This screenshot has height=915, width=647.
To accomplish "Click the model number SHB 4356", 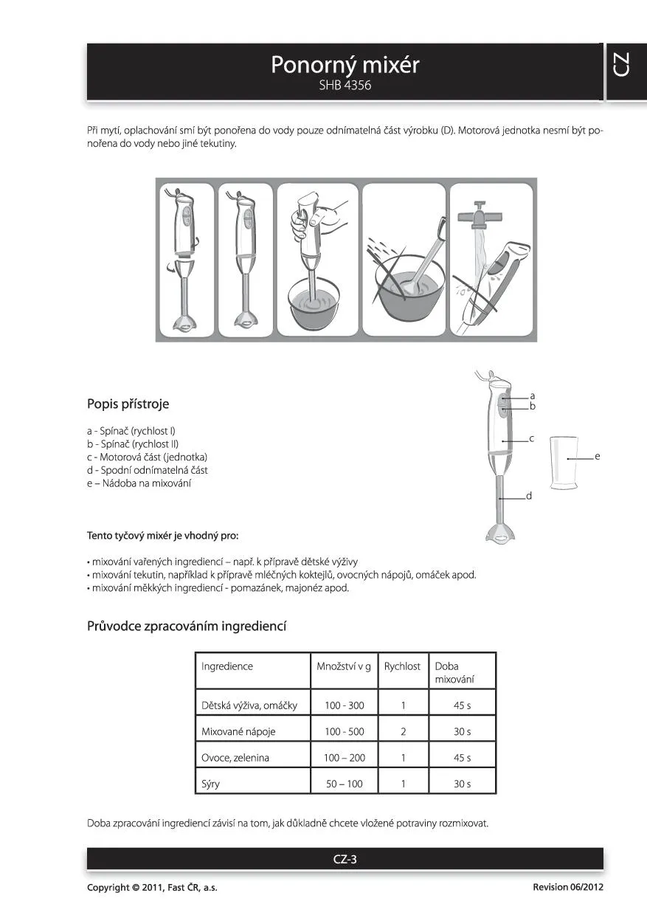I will (345, 86).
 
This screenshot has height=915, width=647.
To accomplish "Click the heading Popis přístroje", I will (128, 404).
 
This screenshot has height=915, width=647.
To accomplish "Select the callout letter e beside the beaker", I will (598, 457).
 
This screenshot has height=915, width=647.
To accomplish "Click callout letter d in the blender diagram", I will (529, 497).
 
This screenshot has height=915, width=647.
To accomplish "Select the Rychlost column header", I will (402, 666).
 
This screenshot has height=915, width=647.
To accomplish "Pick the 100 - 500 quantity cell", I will (345, 732).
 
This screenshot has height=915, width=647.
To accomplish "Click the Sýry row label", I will (211, 784).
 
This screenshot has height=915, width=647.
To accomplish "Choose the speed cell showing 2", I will (404, 732).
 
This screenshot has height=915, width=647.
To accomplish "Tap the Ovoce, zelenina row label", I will (235, 758).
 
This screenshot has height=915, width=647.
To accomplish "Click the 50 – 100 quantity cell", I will (345, 784).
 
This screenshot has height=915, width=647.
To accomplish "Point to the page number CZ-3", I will (345, 859).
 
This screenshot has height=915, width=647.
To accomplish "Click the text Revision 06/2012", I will (567, 887).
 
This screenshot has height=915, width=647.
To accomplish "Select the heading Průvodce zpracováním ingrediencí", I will (187, 626).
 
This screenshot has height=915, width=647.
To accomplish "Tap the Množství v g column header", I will (344, 666).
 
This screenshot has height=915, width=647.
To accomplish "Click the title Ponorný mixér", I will (345, 65).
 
